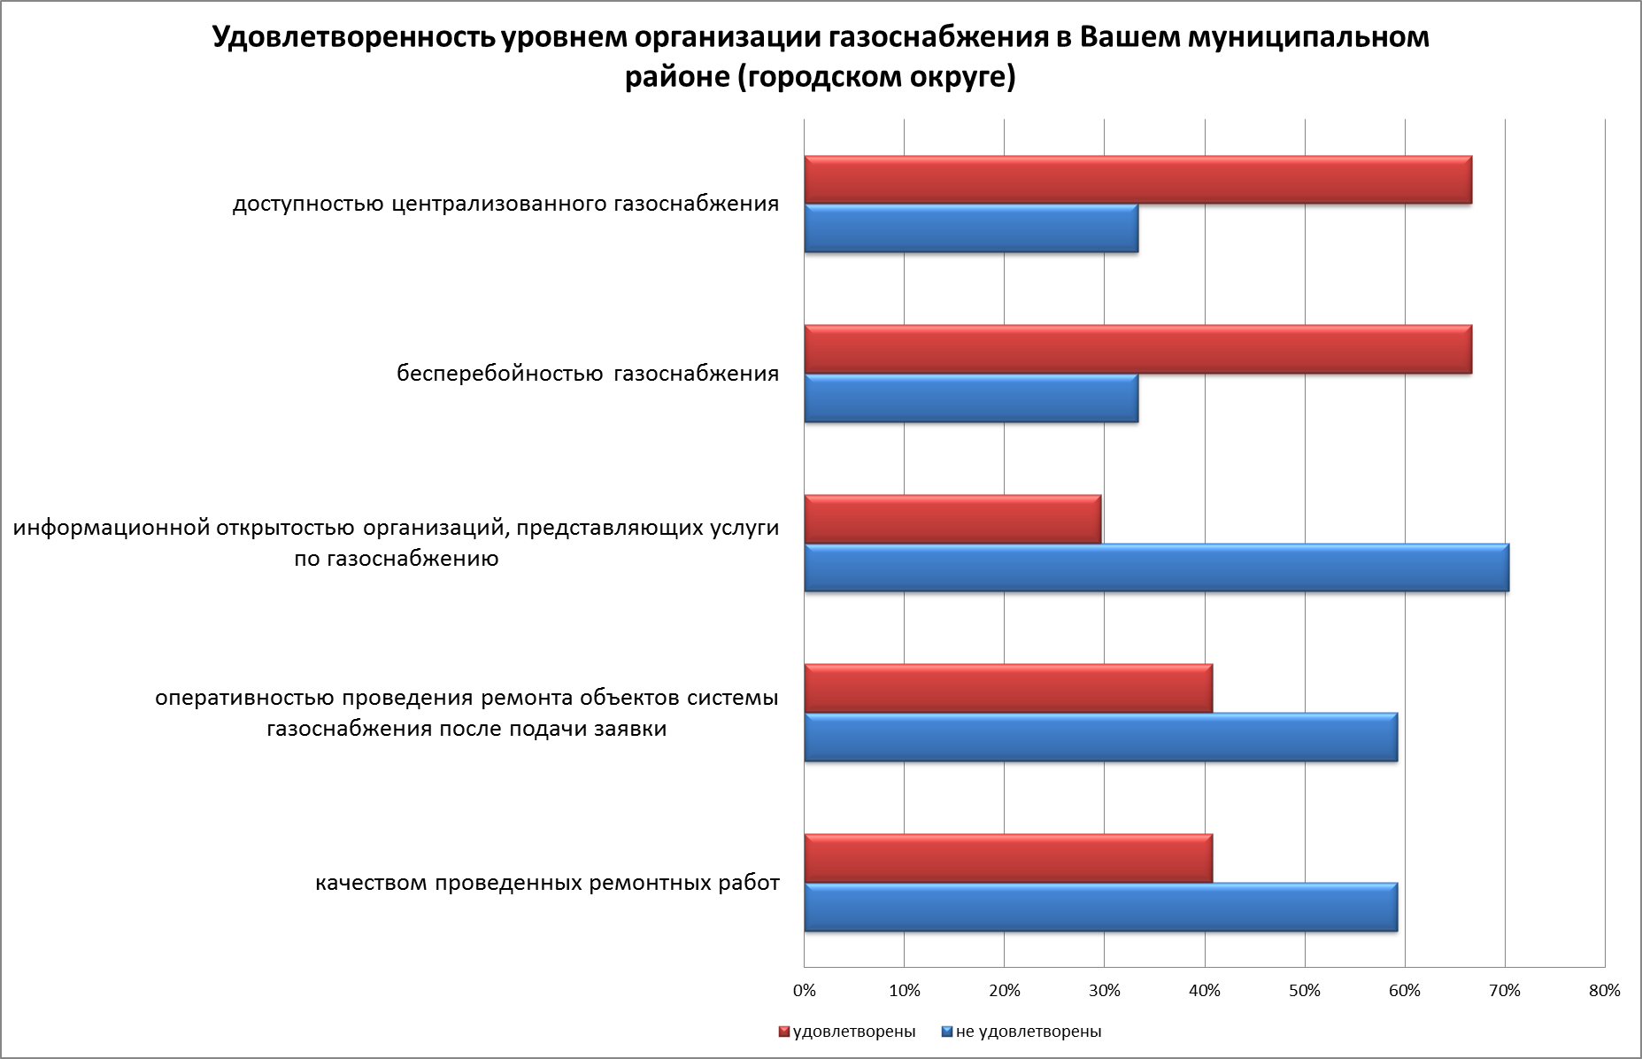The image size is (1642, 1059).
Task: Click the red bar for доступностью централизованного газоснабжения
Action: pos(1137,181)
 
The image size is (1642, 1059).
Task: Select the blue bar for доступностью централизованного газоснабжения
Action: pos(971,228)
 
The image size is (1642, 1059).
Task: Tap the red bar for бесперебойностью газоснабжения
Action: pos(1137,350)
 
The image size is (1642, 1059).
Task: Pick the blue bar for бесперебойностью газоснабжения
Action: pos(971,398)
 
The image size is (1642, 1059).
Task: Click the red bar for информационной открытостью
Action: pos(952,519)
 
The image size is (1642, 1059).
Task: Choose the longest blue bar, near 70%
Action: pos(1156,568)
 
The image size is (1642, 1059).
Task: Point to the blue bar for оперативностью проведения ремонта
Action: pos(1100,737)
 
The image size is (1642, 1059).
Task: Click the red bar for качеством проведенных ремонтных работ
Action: pos(1008,858)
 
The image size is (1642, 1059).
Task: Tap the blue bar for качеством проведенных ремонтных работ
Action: pos(1100,907)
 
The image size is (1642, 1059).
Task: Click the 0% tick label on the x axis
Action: pos(804,991)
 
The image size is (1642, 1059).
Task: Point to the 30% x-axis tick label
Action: pos(1104,991)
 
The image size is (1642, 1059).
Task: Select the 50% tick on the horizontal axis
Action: pos(1305,991)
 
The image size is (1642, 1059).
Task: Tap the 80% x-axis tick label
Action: pos(1604,991)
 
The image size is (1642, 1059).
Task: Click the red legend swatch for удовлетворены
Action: pos(783,1032)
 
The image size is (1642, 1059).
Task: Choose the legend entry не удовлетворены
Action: pos(1028,1032)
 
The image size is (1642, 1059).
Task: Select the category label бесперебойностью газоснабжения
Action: pos(588,374)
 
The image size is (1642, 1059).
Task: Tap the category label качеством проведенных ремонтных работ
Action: pos(547,883)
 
